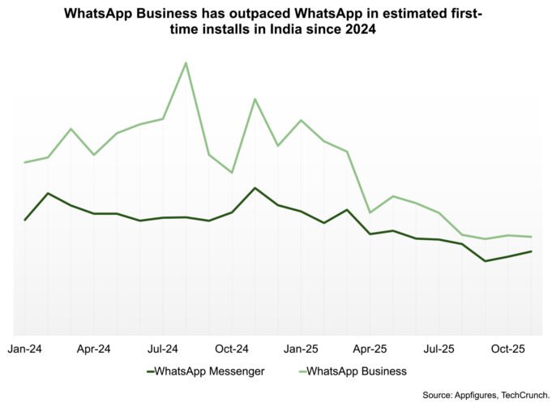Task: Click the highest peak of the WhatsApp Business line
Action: [186, 62]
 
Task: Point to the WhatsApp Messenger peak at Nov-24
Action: [255, 188]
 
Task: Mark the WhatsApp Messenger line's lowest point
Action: [485, 261]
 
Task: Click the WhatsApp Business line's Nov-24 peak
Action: [255, 99]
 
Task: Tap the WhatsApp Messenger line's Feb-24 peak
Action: [48, 193]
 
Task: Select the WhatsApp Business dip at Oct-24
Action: [233, 173]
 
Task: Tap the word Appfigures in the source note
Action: [464, 395]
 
